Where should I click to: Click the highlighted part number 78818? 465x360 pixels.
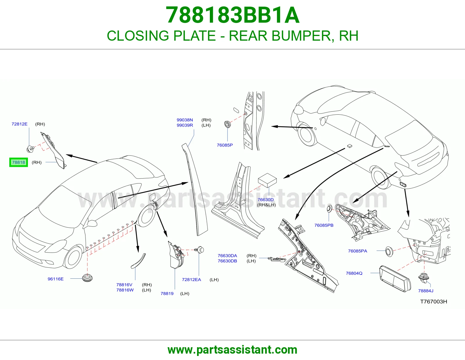pos(19,162)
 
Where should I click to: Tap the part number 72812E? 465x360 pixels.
pos(19,124)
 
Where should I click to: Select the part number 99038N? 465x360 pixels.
pos(185,120)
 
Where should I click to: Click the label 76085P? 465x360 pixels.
pos(225,145)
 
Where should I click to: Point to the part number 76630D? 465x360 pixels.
pos(266,200)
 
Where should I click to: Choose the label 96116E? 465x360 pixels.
pos(56,279)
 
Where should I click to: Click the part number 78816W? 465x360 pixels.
pos(125,290)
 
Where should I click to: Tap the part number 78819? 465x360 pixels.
pos(167,294)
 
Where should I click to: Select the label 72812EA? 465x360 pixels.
pos(192,280)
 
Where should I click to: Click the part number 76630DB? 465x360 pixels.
pos(227,261)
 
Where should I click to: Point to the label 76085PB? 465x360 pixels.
pos(324,225)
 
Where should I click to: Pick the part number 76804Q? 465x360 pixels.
pos(354,273)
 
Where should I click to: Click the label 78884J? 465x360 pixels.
pos(426,291)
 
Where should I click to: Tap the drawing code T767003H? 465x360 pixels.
pos(434,302)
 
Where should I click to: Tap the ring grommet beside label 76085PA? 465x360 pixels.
pos(389,251)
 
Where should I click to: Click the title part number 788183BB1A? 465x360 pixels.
pos(233,15)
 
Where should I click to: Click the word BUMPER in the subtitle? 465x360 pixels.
pos(301,36)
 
